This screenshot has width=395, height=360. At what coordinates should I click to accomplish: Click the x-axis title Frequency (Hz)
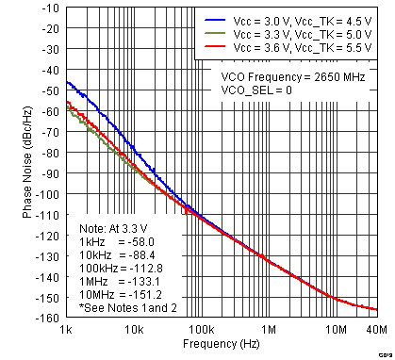click(x=222, y=345)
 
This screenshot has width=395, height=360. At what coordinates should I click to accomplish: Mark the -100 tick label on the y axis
click(x=46, y=195)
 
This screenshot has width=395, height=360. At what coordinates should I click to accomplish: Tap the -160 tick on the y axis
click(x=46, y=318)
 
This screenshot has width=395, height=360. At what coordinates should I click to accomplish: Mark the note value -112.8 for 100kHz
click(x=142, y=269)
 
